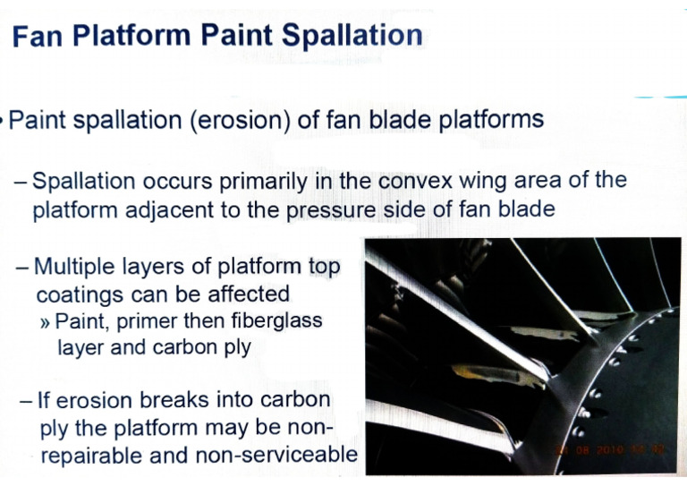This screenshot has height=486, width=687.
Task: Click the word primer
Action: tap(140, 320)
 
